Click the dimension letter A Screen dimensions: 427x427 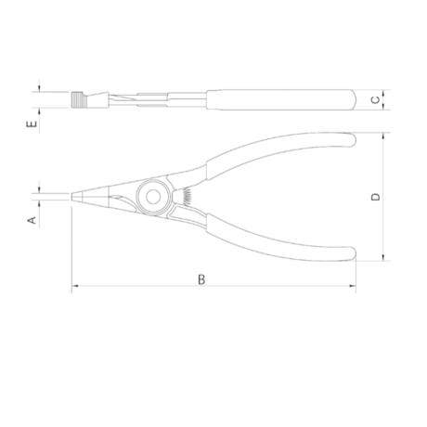click(x=32, y=220)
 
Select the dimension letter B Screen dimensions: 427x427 click(x=201, y=279)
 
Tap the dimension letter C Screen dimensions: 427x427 click(x=375, y=99)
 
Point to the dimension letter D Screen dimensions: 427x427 click(x=376, y=197)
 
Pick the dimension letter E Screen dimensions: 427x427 click(x=32, y=124)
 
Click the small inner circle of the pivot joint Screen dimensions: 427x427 click(x=153, y=197)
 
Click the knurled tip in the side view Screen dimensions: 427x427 click(x=78, y=100)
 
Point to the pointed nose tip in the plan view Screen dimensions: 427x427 click(x=72, y=197)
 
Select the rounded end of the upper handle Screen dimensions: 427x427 click(x=354, y=140)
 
